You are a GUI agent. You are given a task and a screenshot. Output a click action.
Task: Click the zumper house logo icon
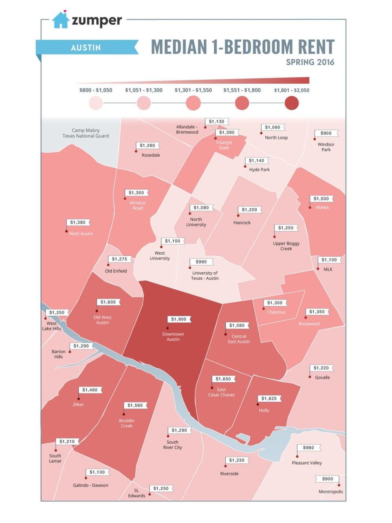tap(61, 20)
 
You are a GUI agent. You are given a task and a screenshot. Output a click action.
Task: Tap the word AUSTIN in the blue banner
tap(86, 48)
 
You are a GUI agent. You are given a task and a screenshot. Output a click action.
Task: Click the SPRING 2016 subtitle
tap(310, 62)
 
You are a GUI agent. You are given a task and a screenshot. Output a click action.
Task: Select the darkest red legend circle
tap(292, 103)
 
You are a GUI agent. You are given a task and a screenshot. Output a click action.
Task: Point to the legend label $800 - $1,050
tap(96, 90)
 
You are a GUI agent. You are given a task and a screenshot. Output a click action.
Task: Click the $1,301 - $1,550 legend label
tap(193, 90)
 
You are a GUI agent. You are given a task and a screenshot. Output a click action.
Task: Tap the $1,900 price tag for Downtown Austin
tap(179, 319)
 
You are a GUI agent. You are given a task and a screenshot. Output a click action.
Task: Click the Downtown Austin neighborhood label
tap(173, 337)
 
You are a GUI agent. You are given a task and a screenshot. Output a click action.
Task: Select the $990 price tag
tap(201, 262)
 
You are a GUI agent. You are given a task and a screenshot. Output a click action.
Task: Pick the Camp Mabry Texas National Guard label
tap(86, 133)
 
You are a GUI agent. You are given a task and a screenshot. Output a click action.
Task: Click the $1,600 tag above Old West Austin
tap(108, 302)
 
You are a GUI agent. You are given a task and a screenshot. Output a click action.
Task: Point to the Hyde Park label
tap(259, 169)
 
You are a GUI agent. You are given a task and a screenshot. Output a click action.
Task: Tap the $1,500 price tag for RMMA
tap(321, 199)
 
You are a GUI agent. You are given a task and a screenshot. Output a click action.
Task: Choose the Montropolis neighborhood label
tap(331, 492)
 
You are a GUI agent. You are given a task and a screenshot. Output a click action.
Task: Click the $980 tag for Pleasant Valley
tap(308, 447)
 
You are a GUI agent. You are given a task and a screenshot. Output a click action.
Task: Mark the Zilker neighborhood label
tap(78, 404)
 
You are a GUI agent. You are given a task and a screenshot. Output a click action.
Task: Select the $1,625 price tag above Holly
tap(269, 398)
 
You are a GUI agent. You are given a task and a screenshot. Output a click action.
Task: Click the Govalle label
tap(322, 377)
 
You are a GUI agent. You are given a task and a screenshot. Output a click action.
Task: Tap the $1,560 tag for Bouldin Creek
tap(135, 405)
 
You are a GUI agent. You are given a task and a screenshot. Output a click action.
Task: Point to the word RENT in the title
tap(309, 47)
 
